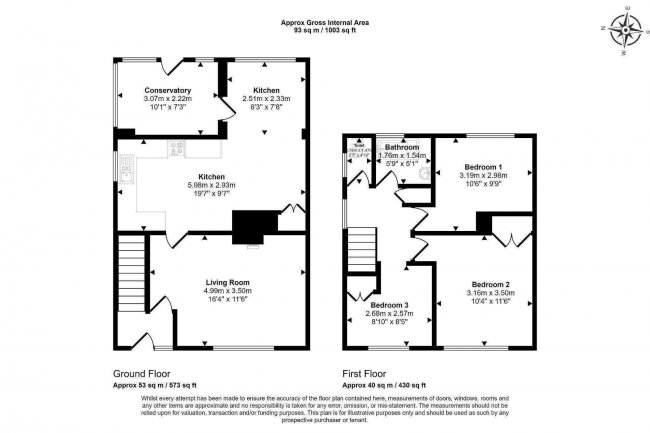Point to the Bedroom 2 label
(x=491, y=284)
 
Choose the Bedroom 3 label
(x=388, y=304)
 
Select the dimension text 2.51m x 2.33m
(x=265, y=98)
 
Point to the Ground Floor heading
(x=142, y=374)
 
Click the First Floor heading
(x=368, y=374)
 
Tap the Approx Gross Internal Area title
(x=325, y=20)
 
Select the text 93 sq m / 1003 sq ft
(x=325, y=30)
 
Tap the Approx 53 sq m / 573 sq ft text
(x=155, y=384)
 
